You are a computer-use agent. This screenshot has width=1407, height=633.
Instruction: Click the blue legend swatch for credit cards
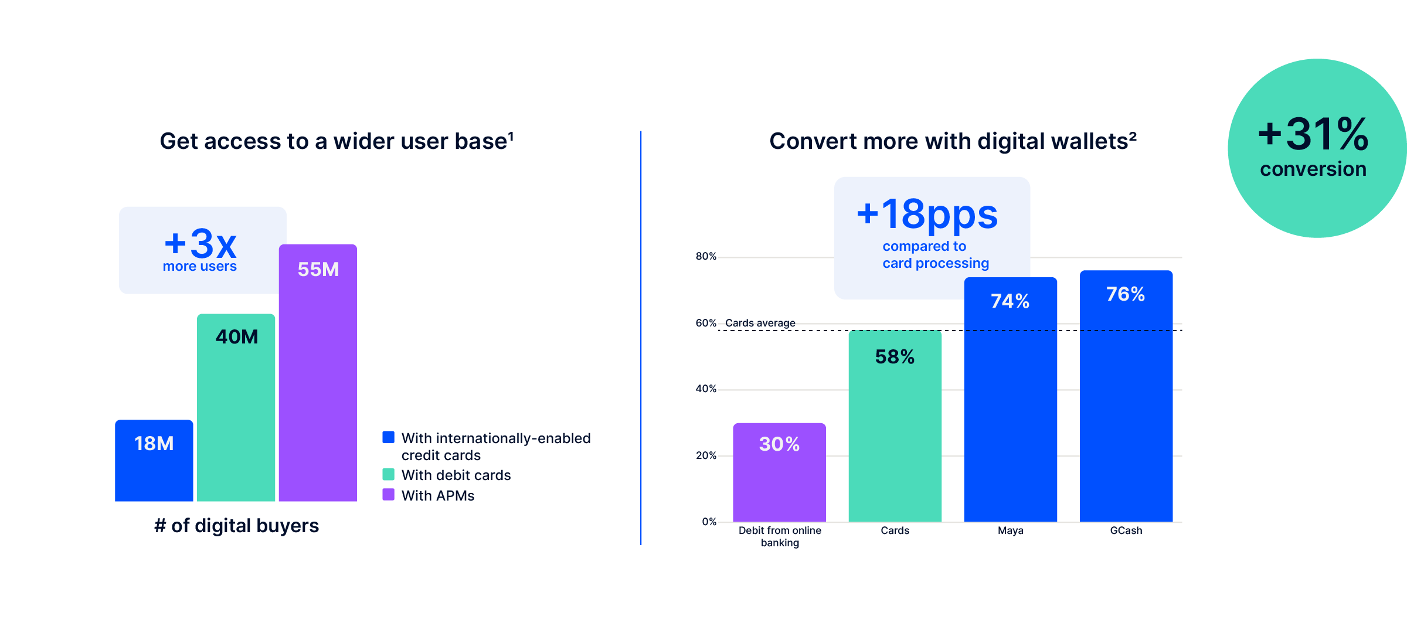click(388, 437)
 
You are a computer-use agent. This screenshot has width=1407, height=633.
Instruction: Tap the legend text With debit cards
click(456, 475)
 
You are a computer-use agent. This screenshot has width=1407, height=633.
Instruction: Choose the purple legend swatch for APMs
click(388, 495)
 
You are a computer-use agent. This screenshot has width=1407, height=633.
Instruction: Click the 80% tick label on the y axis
click(706, 256)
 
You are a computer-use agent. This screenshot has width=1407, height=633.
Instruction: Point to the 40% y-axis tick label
click(706, 389)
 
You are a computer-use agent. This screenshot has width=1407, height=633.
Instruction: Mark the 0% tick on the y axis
click(709, 522)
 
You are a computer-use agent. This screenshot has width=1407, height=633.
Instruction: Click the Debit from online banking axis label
click(780, 536)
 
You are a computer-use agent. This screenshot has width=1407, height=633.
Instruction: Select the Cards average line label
click(760, 323)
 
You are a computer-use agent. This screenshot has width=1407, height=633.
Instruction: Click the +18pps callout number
click(927, 214)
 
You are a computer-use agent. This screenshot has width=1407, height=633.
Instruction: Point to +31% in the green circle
click(1313, 134)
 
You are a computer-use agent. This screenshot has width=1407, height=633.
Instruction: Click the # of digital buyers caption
click(237, 526)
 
